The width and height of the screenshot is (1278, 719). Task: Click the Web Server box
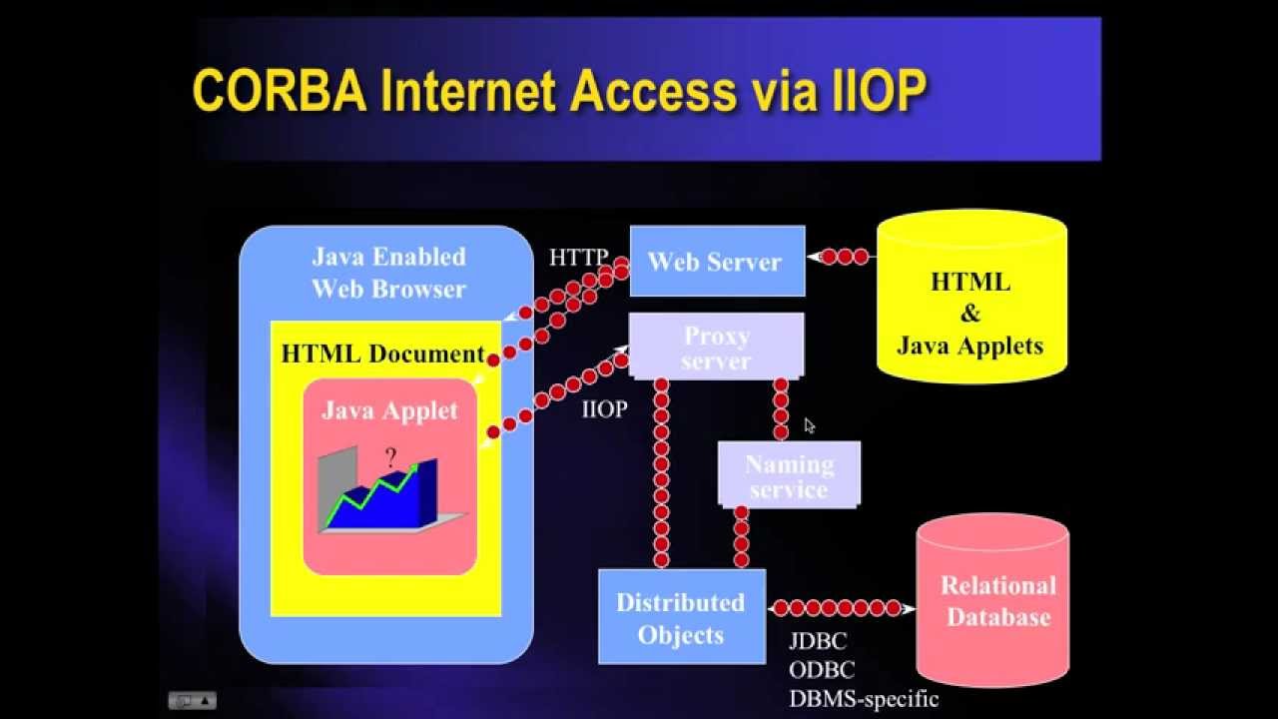pyautogui.click(x=717, y=262)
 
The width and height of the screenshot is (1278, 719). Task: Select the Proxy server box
pyautogui.click(x=716, y=348)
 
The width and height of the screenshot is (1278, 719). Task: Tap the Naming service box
pyautogui.click(x=789, y=476)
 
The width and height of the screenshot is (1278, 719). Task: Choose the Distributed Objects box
pyautogui.click(x=681, y=618)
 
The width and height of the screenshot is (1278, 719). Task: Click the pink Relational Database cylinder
pyautogui.click(x=992, y=601)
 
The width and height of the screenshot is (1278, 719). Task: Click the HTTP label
pyautogui.click(x=578, y=258)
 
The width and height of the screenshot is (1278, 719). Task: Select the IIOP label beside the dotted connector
pyautogui.click(x=604, y=409)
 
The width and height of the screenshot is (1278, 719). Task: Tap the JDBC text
pyautogui.click(x=818, y=642)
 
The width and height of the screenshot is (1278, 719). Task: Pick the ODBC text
pyautogui.click(x=822, y=670)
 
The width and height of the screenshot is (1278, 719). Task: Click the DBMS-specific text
pyautogui.click(x=864, y=698)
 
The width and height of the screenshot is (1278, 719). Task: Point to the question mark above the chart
pyautogui.click(x=391, y=456)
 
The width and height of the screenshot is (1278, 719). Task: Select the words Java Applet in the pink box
pyautogui.click(x=389, y=410)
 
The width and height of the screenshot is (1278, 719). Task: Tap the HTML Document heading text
pyautogui.click(x=382, y=354)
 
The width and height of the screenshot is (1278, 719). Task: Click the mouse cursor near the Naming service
pyautogui.click(x=809, y=425)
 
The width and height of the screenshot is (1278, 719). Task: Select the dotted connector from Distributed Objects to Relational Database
pyautogui.click(x=839, y=607)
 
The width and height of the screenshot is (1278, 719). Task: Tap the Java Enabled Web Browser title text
pyautogui.click(x=388, y=273)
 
